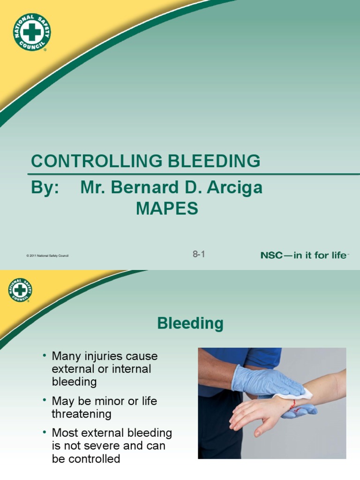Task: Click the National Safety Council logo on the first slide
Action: pyautogui.click(x=32, y=32)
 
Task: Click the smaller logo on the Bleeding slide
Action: pyautogui.click(x=20, y=290)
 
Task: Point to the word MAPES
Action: pyautogui.click(x=167, y=209)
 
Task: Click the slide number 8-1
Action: pyautogui.click(x=199, y=255)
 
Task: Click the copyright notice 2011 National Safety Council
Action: pyautogui.click(x=48, y=255)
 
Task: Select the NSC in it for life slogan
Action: pyautogui.click(x=304, y=255)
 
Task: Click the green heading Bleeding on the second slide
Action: pyautogui.click(x=190, y=323)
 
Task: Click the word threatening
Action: pyautogui.click(x=81, y=414)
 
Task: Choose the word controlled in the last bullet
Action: pyautogui.click(x=92, y=459)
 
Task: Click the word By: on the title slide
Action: pyautogui.click(x=45, y=187)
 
